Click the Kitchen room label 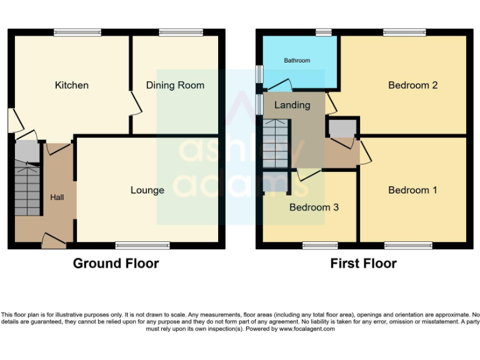pos(71,85)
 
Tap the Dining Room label pos(175,85)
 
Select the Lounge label pos(147,190)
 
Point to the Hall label pos(57,197)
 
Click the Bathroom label pos(297,61)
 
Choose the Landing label pos(292,105)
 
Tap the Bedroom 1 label pos(412,190)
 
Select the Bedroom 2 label pos(412,85)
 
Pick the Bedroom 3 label pos(314,207)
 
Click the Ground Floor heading pos(116,263)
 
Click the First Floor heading pos(363,263)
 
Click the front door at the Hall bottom pos(54,241)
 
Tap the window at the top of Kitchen pos(77,32)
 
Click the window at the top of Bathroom pos(323,32)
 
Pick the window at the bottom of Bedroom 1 pos(404,246)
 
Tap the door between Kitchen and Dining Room pos(134,103)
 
